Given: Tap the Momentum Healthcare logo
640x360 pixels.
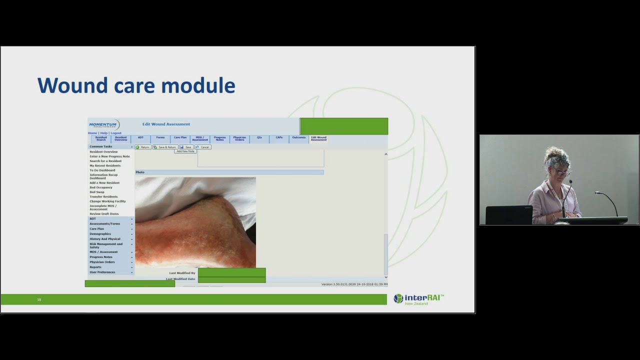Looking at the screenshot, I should [104, 124].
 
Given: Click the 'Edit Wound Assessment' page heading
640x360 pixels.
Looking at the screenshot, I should [166, 124].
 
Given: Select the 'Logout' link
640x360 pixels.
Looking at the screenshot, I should [116, 133].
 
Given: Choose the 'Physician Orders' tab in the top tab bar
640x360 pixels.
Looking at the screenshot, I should [239, 138].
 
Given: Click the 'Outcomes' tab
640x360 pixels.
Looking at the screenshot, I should [298, 137].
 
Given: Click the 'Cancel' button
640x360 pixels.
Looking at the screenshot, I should [203, 147].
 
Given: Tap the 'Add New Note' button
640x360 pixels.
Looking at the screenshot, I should [185, 151].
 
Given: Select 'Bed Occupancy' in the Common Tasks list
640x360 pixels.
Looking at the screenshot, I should [101, 187].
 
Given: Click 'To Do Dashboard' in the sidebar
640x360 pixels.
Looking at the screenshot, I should [102, 170].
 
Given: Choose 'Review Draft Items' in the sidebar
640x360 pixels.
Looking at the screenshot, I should [104, 214].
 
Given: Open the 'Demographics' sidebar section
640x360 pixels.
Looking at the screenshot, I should [100, 233].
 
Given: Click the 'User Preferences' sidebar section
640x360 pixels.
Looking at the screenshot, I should [102, 272].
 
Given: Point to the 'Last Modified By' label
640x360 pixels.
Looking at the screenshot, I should [182, 273].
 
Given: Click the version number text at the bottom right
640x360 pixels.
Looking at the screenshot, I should [354, 284].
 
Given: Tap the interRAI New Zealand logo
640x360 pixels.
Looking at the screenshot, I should [418, 299].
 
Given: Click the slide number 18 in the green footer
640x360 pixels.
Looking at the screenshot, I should [39, 299].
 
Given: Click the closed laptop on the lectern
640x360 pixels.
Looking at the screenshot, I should [509, 215].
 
